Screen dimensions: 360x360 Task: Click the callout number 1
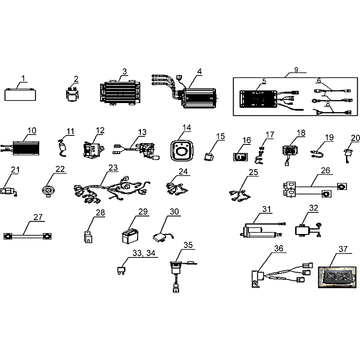(23, 78)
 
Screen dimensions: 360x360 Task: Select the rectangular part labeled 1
(20, 95)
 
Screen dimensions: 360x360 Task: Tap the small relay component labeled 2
(72, 94)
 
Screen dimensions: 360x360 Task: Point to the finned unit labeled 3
(120, 93)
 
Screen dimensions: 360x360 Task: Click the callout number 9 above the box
(296, 70)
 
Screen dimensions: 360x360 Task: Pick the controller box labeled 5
(258, 99)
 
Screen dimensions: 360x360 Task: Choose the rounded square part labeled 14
(182, 150)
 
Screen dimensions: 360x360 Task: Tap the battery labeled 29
(130, 235)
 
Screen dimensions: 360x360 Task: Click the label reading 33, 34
(144, 253)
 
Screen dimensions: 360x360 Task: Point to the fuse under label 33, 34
(121, 270)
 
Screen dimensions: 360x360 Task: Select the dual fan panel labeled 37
(337, 277)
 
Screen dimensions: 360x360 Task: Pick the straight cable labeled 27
(27, 236)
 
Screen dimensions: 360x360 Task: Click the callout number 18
(301, 133)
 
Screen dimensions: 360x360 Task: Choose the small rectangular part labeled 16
(241, 157)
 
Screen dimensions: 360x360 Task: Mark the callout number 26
(325, 171)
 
